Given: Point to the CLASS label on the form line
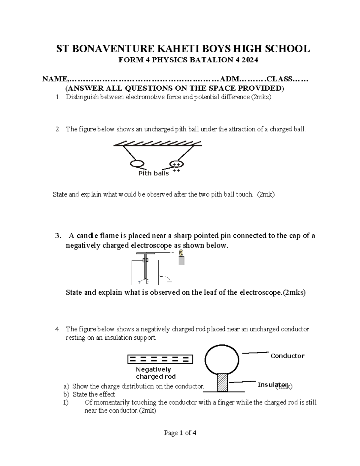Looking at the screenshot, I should (280, 79).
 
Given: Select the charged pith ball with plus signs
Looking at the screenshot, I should (176, 164).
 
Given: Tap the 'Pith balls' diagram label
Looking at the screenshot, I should (153, 173).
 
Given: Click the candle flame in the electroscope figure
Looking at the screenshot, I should (181, 253).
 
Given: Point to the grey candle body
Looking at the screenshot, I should (181, 261).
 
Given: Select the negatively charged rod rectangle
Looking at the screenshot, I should (160, 359).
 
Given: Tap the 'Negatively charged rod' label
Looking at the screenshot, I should (155, 373).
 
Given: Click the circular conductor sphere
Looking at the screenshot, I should (222, 359).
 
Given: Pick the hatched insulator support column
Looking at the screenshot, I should (222, 382).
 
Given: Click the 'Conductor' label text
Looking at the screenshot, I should (287, 356).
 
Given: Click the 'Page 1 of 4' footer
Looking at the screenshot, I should (180, 433).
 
